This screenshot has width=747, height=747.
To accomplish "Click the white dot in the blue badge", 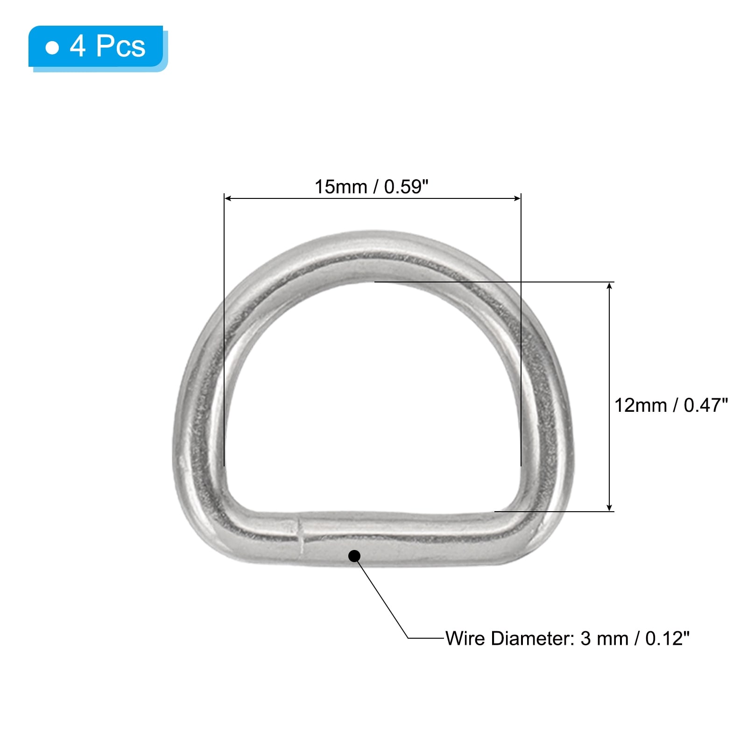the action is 52,48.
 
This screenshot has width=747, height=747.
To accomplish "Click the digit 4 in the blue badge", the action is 78,46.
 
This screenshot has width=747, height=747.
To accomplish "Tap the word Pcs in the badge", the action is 121,46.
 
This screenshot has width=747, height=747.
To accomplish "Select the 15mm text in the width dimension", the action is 341,187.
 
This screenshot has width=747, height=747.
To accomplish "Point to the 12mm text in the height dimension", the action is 641,405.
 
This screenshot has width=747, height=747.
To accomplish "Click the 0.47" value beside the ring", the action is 706,405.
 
